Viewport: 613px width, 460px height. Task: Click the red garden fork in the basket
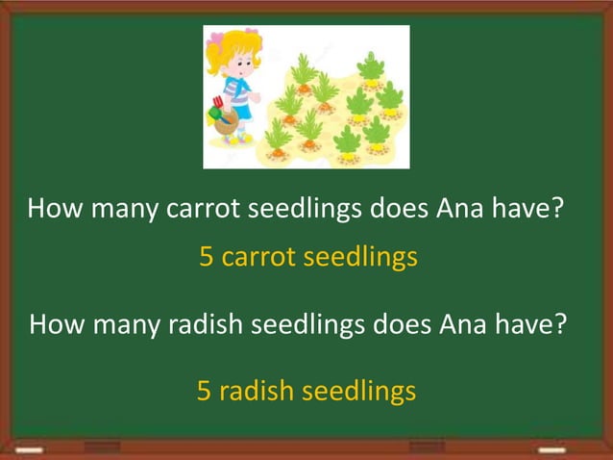[x=219, y=102]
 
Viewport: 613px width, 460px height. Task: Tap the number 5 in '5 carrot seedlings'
[x=206, y=258]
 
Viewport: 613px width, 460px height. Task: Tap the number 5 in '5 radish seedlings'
[x=204, y=391]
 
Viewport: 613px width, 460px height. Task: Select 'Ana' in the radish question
[x=468, y=323]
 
